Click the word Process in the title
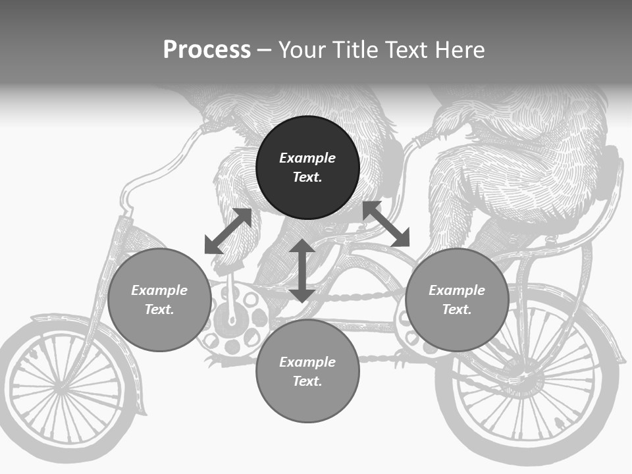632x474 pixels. pos(207,50)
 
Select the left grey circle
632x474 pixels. pos(159,300)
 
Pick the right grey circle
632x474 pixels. pos(457,300)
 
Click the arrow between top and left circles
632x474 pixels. pos(228,231)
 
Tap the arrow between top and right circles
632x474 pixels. pos(386,224)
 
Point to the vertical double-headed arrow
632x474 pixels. pos(302,271)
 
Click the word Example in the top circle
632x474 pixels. pos(307,158)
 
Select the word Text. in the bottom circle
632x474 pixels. pos(307,381)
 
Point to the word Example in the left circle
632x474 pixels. pos(159,290)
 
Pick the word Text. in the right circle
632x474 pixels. pos(457,309)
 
